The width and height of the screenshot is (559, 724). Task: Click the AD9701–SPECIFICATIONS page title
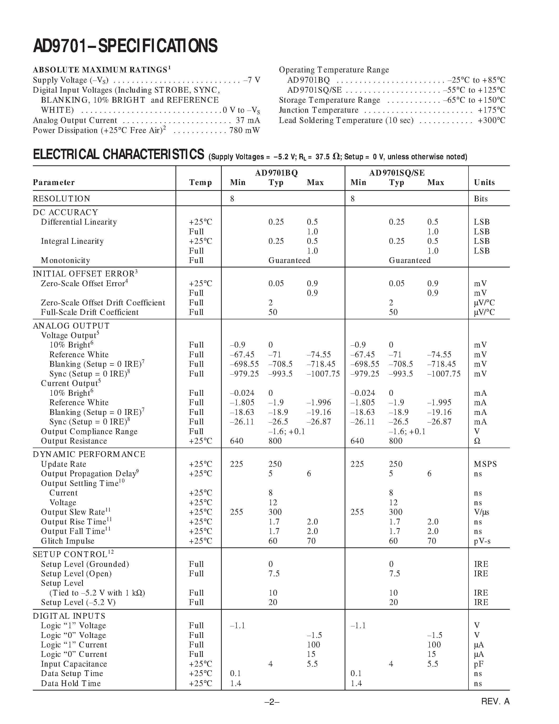click(x=125, y=46)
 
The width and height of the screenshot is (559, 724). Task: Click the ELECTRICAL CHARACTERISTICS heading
click(x=119, y=155)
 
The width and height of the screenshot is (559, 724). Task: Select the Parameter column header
click(x=54, y=182)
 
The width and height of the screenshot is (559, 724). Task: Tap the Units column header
click(x=484, y=182)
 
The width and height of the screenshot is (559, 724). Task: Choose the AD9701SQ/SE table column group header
click(x=397, y=173)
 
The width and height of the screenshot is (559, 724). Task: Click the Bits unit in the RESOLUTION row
click(x=481, y=199)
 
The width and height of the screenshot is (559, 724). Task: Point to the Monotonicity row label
click(x=65, y=261)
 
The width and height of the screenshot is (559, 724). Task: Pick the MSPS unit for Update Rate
click(x=485, y=464)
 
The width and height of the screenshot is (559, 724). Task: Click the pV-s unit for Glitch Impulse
click(x=482, y=541)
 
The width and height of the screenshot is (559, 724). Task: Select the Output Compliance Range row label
click(x=89, y=432)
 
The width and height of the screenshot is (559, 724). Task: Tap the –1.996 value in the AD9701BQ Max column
click(x=319, y=403)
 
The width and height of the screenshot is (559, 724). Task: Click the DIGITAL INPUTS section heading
click(x=69, y=616)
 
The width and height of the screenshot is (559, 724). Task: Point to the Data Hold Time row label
click(x=70, y=683)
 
